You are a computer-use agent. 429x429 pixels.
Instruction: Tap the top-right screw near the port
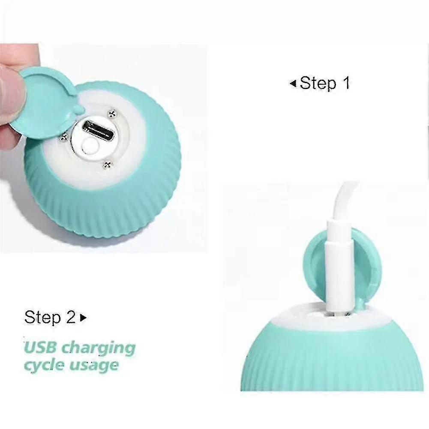(x=111, y=114)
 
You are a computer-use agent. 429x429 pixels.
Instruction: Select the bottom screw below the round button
(x=107, y=165)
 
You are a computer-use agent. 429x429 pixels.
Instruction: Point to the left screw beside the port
(x=64, y=137)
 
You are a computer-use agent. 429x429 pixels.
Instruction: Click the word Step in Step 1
(x=318, y=83)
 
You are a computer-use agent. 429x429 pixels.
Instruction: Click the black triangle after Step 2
(x=83, y=318)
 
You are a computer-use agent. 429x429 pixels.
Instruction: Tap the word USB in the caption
(x=41, y=348)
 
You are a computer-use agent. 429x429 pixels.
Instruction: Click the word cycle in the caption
(x=44, y=366)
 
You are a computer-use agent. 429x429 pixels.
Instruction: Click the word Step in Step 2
(x=42, y=318)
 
